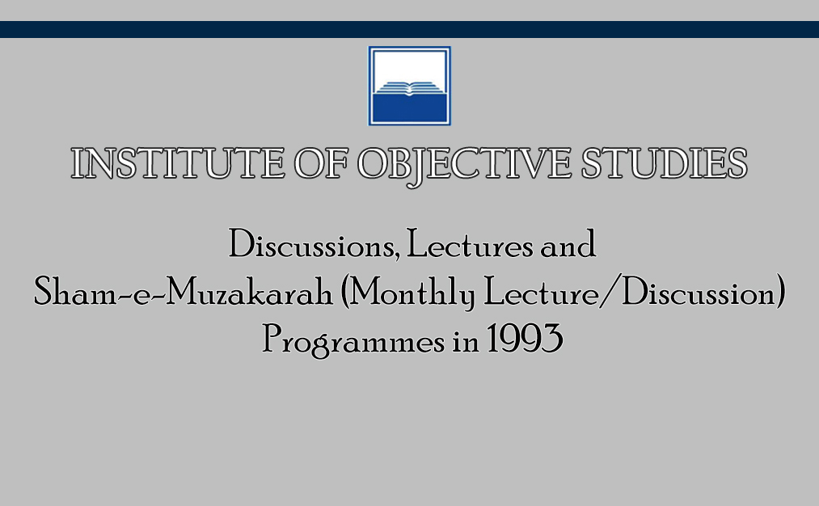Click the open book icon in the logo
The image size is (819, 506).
tap(409, 88)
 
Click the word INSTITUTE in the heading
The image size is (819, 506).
tap(178, 163)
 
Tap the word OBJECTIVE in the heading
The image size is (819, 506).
tap(464, 166)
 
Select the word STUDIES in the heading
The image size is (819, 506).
tap(665, 163)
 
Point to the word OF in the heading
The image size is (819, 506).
tap(321, 163)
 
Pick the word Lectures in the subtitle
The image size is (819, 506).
tap(470, 244)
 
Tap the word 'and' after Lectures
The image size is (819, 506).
tap(568, 244)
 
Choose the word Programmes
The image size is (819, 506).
tap(353, 339)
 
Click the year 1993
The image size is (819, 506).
tap(525, 339)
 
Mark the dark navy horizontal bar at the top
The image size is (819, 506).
tap(409, 29)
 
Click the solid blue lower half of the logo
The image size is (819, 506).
tap(409, 108)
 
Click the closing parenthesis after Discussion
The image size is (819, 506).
tap(780, 292)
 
